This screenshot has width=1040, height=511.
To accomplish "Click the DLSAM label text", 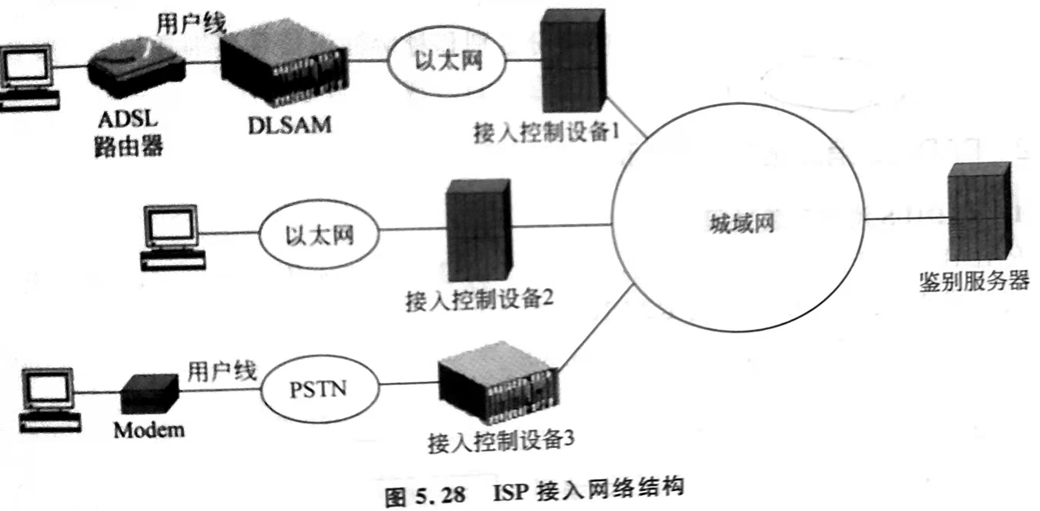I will [289, 125].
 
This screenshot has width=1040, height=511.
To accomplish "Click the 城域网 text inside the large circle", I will [742, 223].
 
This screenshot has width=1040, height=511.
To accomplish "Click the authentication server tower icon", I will [979, 212].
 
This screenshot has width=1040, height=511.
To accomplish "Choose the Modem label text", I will [149, 430].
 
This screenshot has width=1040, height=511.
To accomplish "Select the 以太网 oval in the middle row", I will [319, 235].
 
